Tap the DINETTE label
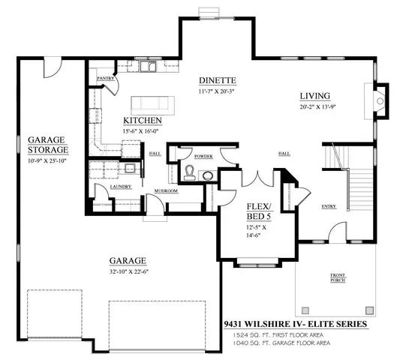[218, 80]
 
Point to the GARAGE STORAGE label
[47, 144]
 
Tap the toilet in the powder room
[191, 172]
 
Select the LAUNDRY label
[102, 186]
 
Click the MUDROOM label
[167, 190]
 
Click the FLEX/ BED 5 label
[263, 209]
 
